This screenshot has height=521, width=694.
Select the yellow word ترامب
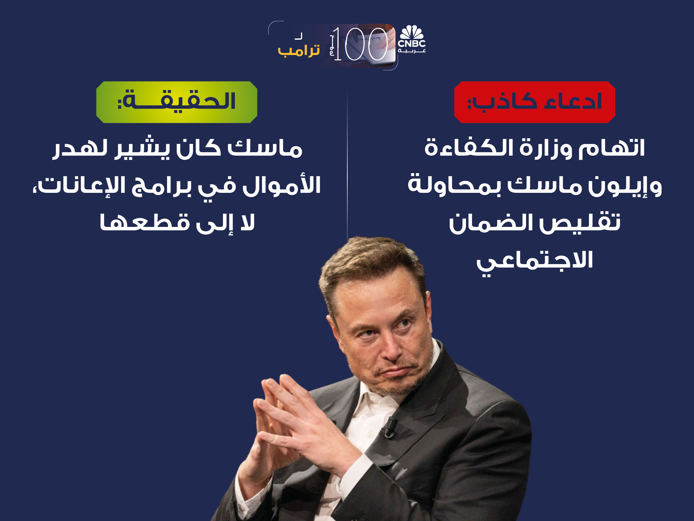pos(299,51)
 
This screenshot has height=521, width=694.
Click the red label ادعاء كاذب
pos(535,102)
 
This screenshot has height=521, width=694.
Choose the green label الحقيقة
pos(177,102)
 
